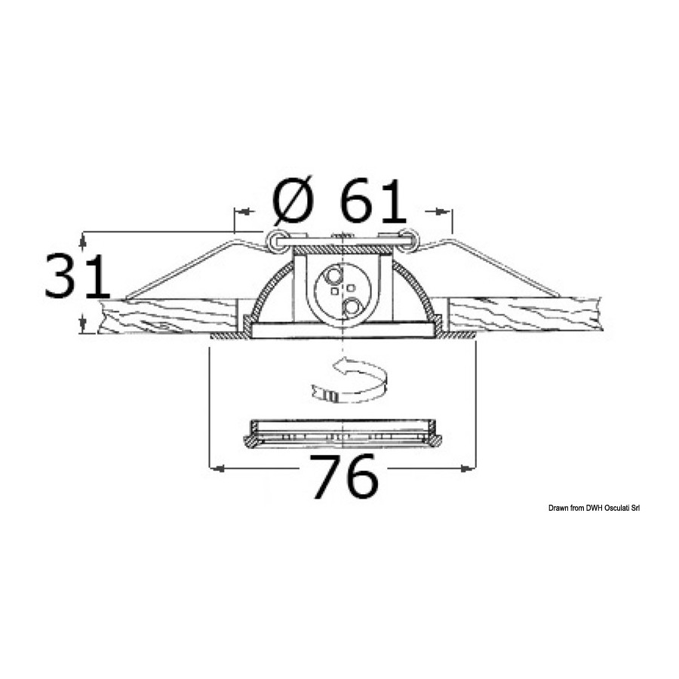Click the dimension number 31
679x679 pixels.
click(76, 276)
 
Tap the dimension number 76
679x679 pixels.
click(344, 476)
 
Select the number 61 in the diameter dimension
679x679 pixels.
click(373, 201)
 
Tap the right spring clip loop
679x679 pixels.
click(407, 241)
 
